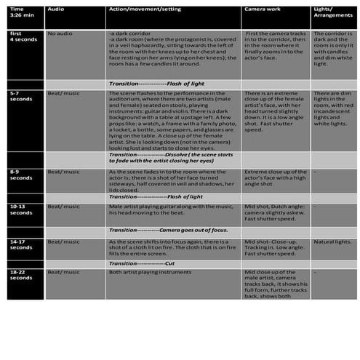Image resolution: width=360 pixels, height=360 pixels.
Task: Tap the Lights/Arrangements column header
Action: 331,12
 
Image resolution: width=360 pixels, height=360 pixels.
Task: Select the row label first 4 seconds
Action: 18,37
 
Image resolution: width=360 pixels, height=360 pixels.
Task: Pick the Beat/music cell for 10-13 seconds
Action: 63,207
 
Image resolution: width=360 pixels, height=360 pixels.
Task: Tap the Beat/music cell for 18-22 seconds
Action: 63,271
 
